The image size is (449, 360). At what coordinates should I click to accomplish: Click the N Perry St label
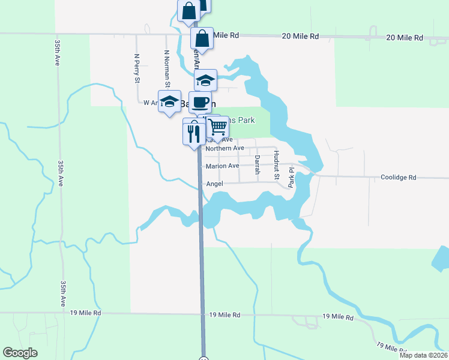(x=137, y=68)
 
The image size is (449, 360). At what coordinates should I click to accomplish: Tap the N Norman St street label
(x=167, y=68)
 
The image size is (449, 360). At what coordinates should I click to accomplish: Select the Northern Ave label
(x=224, y=148)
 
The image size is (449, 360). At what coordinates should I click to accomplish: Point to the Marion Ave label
(x=222, y=166)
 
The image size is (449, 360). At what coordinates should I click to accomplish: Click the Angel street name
(x=214, y=184)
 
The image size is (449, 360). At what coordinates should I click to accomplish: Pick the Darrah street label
(x=257, y=165)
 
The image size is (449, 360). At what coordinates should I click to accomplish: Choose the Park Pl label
(x=291, y=178)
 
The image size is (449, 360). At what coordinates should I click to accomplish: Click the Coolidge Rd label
(x=399, y=178)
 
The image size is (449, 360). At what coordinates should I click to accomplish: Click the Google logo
(x=20, y=353)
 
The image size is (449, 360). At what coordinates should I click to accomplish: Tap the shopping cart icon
(x=217, y=127)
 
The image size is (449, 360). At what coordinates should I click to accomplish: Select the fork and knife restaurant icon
(x=193, y=131)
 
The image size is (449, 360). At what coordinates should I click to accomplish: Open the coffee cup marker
(x=200, y=101)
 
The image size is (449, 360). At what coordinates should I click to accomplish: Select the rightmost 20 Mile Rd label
(x=405, y=37)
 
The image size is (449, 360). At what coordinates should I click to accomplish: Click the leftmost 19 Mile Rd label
(x=86, y=313)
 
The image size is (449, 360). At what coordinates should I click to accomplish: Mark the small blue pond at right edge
(x=441, y=259)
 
